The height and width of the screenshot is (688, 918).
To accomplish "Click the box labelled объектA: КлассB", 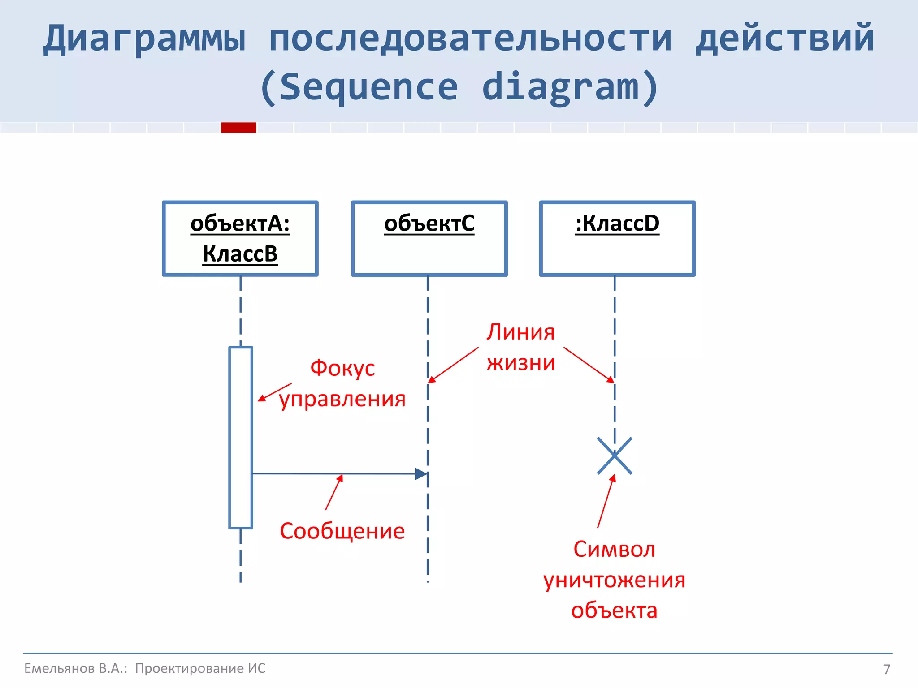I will tap(240, 238).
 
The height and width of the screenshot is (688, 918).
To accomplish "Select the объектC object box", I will tap(429, 238).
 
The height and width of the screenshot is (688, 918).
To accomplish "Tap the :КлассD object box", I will tap(617, 238).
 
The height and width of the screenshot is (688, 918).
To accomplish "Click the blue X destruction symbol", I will tap(615, 456).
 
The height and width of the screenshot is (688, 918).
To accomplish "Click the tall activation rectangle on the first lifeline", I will tap(241, 437).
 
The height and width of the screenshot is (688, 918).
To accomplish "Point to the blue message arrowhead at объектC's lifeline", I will tap(421, 474).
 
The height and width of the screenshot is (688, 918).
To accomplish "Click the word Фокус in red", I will tap(342, 368).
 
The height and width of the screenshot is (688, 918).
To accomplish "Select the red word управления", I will tap(342, 399).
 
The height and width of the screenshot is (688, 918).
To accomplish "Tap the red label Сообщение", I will tap(342, 531).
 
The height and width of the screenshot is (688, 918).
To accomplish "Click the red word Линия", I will tap(521, 332).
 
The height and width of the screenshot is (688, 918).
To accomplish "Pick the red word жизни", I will tap(521, 363).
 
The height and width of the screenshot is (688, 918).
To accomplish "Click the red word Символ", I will tap(614, 550).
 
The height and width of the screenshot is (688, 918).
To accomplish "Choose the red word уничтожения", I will tap(614, 580).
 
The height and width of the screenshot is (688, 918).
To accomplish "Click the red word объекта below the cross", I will tap(614, 611).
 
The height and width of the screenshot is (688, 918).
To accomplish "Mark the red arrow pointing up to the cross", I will tap(606, 502).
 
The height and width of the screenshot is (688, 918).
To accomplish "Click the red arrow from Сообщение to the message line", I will tap(334, 492).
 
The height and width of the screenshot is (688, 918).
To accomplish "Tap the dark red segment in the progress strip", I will tap(238, 128).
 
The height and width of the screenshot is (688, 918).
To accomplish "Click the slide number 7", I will tap(887, 669).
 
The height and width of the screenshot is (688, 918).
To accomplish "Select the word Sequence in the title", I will tap(368, 87).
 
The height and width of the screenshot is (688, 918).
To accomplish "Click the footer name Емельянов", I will tap(59, 668).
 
